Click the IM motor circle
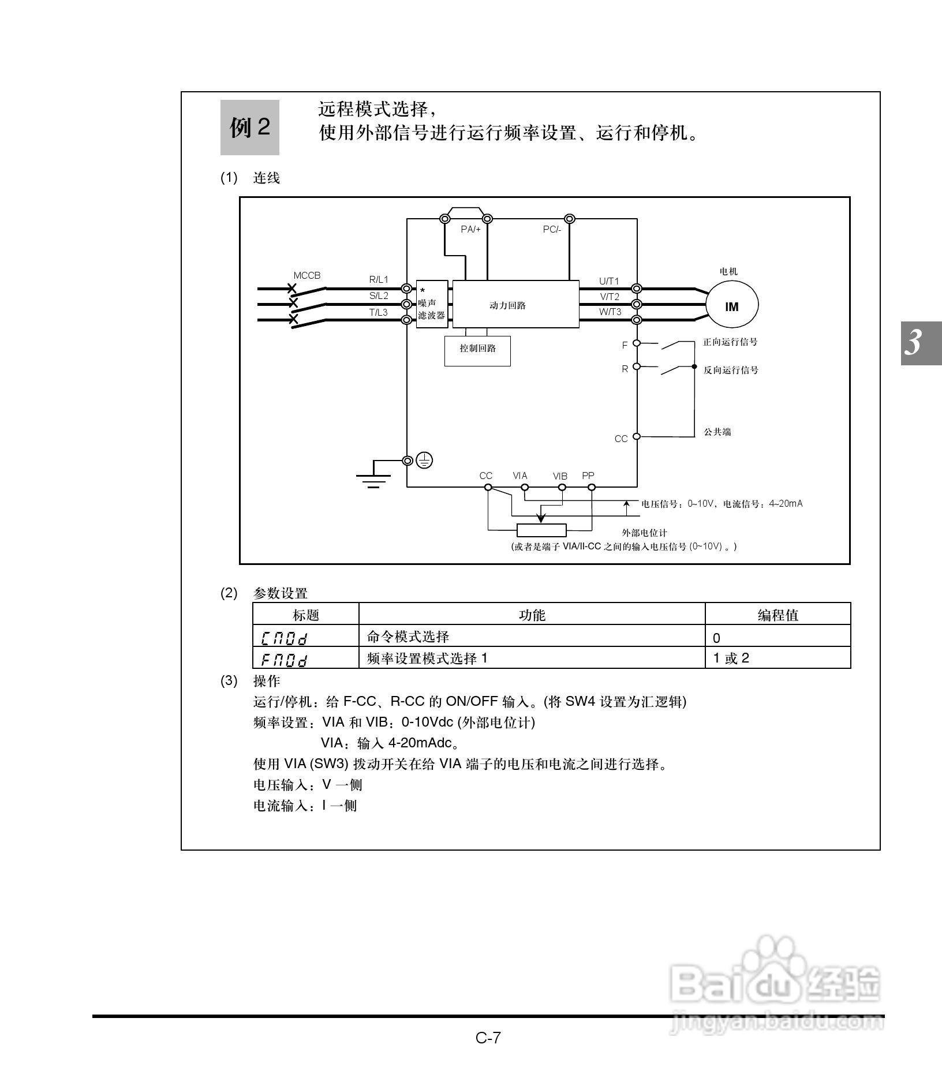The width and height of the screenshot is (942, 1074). pyautogui.click(x=731, y=306)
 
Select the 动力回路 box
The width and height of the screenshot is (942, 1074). pyautogui.click(x=515, y=305)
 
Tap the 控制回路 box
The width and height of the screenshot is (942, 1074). pyautogui.click(x=477, y=350)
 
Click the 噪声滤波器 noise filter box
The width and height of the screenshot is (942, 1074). pyautogui.click(x=432, y=305)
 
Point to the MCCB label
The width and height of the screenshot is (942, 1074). pyautogui.click(x=306, y=275)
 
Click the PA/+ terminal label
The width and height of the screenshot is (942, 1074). pyautogui.click(x=470, y=229)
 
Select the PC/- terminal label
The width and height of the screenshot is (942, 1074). pyautogui.click(x=552, y=229)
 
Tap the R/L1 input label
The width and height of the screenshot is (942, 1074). pyautogui.click(x=379, y=279)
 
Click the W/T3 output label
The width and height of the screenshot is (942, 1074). pyautogui.click(x=610, y=312)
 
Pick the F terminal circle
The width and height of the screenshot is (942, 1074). pyautogui.click(x=637, y=343)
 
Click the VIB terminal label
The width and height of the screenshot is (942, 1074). pyautogui.click(x=560, y=476)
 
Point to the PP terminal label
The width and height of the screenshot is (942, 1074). pyautogui.click(x=588, y=476)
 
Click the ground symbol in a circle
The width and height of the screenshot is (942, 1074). pyautogui.click(x=425, y=461)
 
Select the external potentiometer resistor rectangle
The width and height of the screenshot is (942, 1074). pyautogui.click(x=541, y=530)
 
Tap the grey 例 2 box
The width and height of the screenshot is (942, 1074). pyautogui.click(x=250, y=128)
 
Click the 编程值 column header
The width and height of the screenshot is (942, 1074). pyautogui.click(x=777, y=614)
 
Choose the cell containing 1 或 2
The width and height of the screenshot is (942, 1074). pyautogui.click(x=777, y=658)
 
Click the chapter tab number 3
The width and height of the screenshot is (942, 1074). pyautogui.click(x=914, y=343)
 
